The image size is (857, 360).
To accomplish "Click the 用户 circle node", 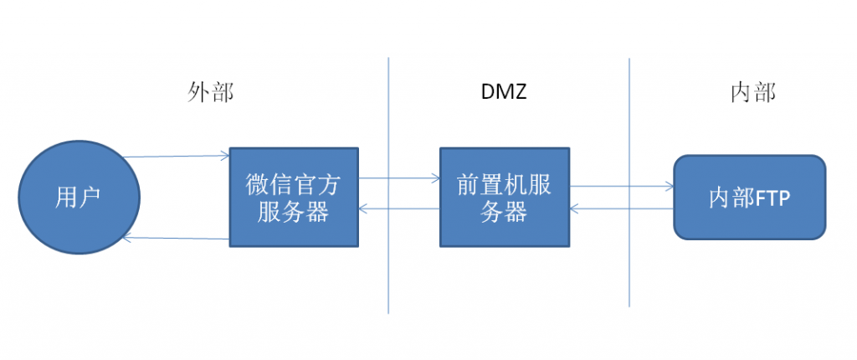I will pos(80,198).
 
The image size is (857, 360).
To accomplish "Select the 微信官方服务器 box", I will pos(294,198).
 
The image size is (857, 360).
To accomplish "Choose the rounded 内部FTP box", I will pos(749,198).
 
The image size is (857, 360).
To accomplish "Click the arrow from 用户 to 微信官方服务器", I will pos(176,156).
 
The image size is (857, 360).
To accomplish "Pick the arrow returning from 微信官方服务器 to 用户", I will pos(176,239).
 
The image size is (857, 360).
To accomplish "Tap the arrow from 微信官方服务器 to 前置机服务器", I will pos(399,177).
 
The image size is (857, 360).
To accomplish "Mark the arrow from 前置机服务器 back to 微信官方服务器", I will pos(399,208).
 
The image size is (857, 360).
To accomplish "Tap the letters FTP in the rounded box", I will pos(774,198).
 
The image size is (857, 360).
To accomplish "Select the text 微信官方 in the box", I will pos(294,184).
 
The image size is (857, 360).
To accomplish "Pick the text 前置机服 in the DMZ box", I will pos(504,184).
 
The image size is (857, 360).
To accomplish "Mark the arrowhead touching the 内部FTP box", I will pos(670,186).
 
